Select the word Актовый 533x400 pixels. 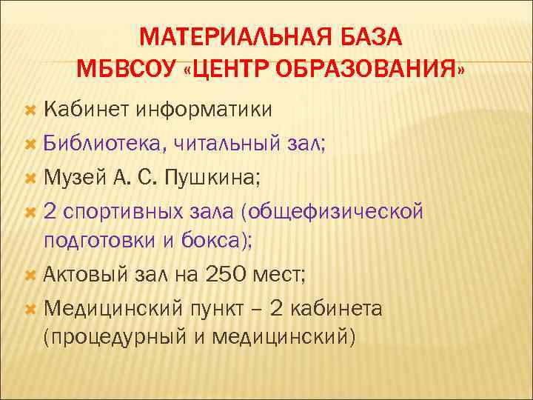point(85,275)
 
